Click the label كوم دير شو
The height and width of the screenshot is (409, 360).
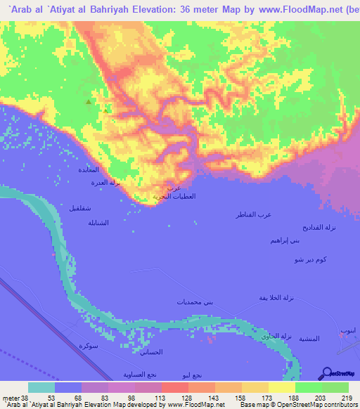(309, 260)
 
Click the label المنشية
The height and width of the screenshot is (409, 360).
(308, 339)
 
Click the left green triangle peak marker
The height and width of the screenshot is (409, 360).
(88, 103)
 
